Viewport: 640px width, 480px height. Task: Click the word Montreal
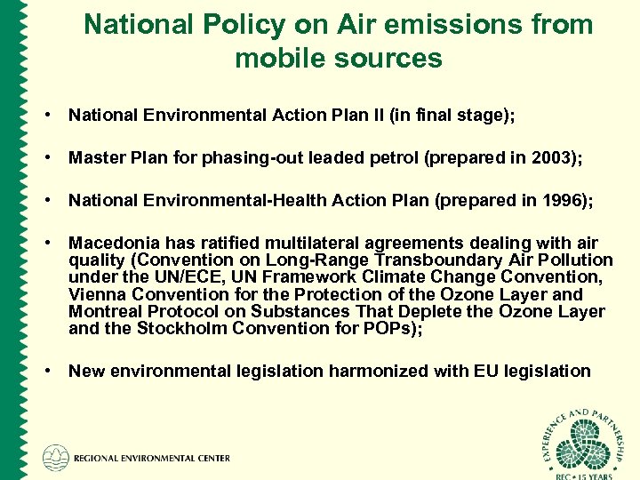point(105,311)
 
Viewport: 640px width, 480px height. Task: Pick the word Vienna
point(97,294)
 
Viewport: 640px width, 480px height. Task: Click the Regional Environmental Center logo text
point(150,459)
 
